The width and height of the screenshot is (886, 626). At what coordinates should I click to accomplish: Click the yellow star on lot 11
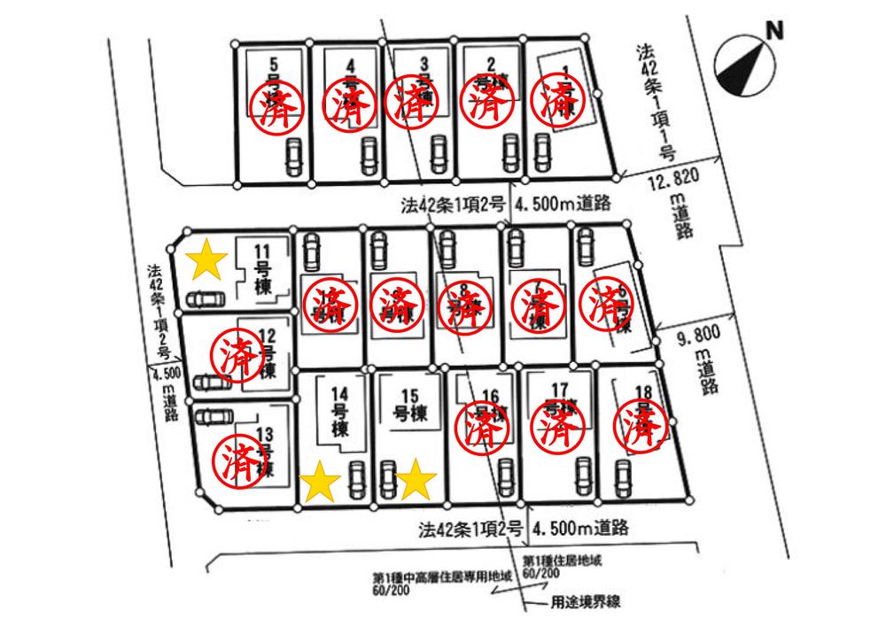[x=206, y=258]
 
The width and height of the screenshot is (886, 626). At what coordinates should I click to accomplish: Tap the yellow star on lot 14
[x=321, y=483]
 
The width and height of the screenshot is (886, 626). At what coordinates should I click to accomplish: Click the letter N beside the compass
[x=775, y=32]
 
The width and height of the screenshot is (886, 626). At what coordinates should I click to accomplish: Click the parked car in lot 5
[x=292, y=158]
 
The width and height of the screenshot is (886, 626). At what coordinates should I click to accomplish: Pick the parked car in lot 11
[x=206, y=299]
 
